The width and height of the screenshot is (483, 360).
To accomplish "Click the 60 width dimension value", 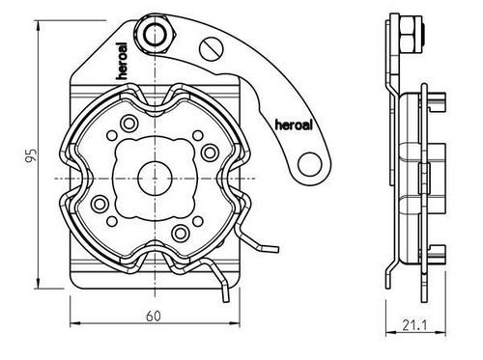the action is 154,317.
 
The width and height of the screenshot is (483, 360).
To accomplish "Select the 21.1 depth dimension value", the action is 414,325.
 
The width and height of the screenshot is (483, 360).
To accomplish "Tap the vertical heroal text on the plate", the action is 123,61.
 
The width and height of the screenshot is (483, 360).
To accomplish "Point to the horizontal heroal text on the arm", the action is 294,125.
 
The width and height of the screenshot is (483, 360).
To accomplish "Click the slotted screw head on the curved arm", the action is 212,49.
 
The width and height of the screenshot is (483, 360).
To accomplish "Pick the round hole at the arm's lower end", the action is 310,165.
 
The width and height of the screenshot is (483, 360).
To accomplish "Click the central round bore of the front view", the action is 155,179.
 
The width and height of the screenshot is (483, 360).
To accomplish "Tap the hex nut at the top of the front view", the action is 156,35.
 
